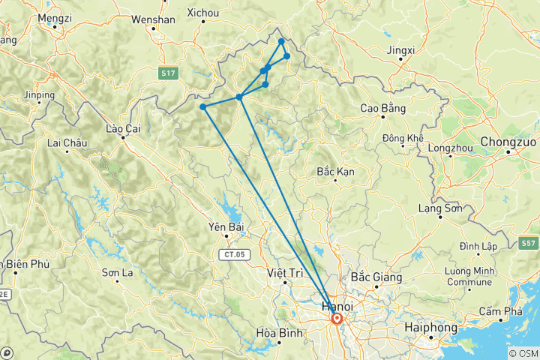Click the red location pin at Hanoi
click(x=337, y=319)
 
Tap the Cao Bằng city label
click(x=383, y=109)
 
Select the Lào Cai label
click(x=123, y=129)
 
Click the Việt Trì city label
click(x=286, y=273)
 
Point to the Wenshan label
click(x=153, y=20)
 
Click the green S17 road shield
click(x=168, y=72)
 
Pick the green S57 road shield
click(x=528, y=244)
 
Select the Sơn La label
click(x=118, y=272)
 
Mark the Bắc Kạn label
click(x=335, y=172)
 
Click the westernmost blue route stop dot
click(x=203, y=106)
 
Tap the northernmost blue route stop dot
click(x=281, y=41)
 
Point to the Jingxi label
click(x=401, y=50)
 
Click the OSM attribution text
click(x=523, y=353)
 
